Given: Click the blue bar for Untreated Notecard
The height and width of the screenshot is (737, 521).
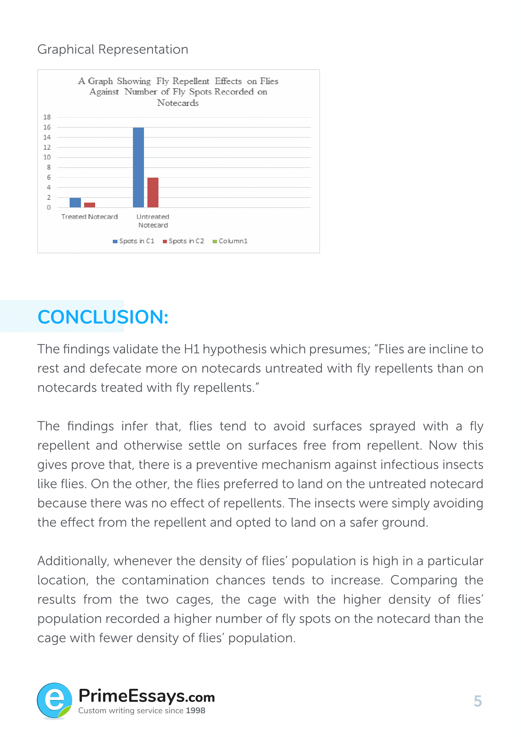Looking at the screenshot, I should tap(138, 167).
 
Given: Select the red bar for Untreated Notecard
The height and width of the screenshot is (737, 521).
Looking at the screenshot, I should tap(153, 192).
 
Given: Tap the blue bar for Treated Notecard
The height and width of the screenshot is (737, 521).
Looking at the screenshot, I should tap(75, 203).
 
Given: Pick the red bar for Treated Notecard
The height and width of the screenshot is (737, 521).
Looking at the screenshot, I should tap(89, 205).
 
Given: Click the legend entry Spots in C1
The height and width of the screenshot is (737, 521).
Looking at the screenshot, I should tap(134, 241).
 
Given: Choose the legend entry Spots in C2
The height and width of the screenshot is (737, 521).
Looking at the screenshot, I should tap(184, 241).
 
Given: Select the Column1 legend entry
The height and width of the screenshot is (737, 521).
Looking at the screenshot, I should tap(230, 241).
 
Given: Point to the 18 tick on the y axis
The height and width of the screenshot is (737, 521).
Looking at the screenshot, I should tap(47, 117).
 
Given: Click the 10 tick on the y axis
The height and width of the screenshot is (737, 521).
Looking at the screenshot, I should tap(47, 157).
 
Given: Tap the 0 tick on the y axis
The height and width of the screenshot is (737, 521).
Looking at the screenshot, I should tap(49, 207).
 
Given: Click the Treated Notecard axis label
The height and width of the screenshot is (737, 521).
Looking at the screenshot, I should tap(89, 217).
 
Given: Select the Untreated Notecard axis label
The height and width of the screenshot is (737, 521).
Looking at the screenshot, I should tap(153, 221).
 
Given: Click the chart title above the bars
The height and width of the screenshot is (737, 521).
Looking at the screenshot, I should tap(178, 92).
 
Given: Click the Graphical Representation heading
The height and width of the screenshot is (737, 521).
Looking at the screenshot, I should tap(112, 49).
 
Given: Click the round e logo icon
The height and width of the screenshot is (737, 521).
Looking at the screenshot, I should tap(54, 700).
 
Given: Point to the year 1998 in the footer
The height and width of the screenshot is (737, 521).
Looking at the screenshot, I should tap(195, 711).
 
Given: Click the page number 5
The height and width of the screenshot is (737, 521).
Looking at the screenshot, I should tap(478, 701).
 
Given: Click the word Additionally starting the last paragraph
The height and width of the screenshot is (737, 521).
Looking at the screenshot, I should tap(73, 561).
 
